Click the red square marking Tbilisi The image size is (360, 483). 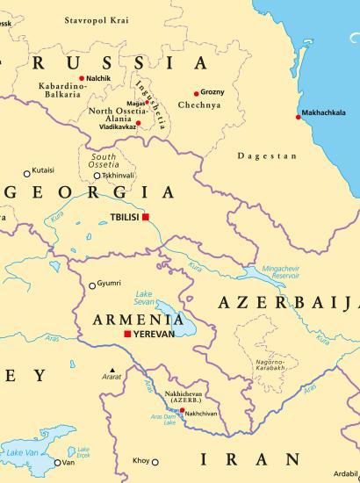coord(147,217)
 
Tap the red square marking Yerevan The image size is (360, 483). coord(127,335)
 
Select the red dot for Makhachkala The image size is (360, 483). coord(299,117)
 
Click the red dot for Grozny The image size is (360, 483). coord(196,93)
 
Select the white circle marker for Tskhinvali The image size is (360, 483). coord(97,176)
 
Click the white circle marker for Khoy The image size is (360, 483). coord(155,461)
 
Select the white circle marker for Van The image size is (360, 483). coord(58,463)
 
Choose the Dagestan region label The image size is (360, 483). coord(267,155)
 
